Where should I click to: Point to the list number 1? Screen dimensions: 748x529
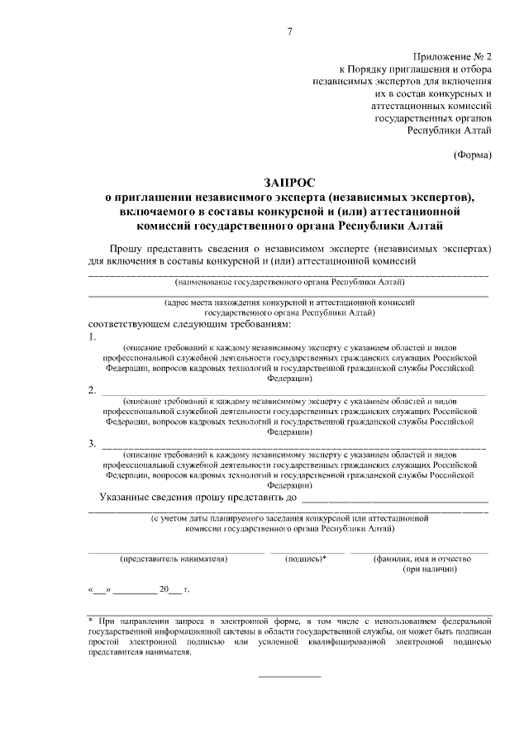92,337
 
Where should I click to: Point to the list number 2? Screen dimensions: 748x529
92,390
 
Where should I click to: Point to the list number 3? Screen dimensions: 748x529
92,444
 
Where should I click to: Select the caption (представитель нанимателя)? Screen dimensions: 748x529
174,559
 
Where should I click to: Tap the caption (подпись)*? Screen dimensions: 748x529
306,559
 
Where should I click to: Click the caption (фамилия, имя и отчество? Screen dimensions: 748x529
422,559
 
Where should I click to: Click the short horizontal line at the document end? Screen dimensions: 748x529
290,677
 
